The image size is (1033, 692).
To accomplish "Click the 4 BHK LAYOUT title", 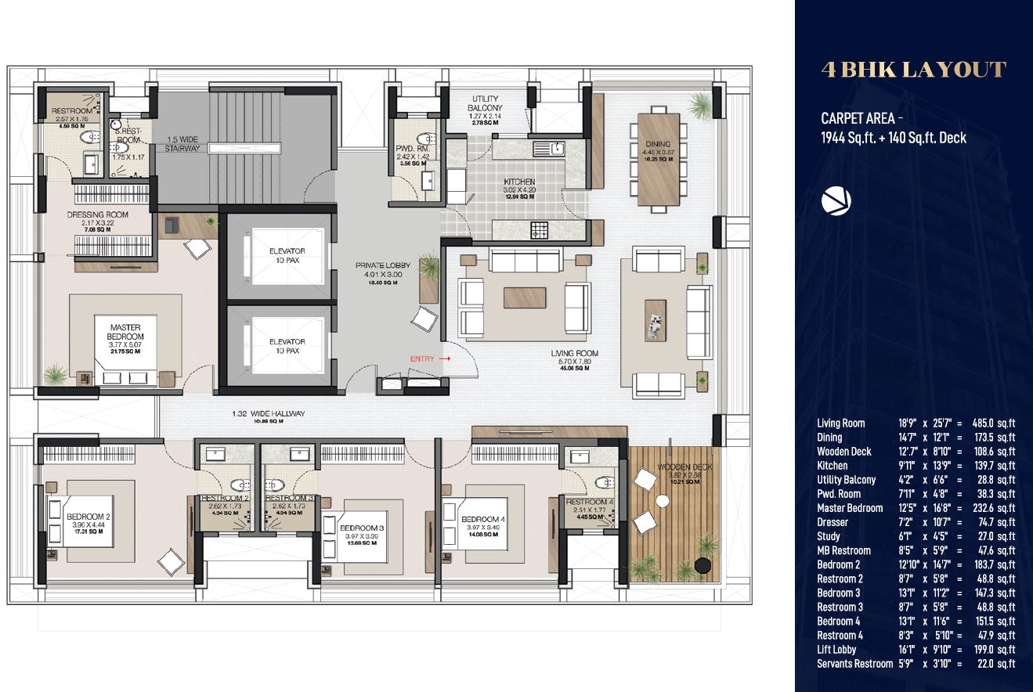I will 913,70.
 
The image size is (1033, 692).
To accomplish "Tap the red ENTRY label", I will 422,359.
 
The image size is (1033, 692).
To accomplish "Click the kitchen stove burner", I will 540,230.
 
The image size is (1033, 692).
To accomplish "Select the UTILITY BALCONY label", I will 485,103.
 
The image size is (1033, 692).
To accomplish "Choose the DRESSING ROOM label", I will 97,214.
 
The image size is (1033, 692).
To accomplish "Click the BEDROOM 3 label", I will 362,528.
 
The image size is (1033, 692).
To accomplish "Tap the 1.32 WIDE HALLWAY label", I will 269,414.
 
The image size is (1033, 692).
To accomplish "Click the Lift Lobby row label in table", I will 836,649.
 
